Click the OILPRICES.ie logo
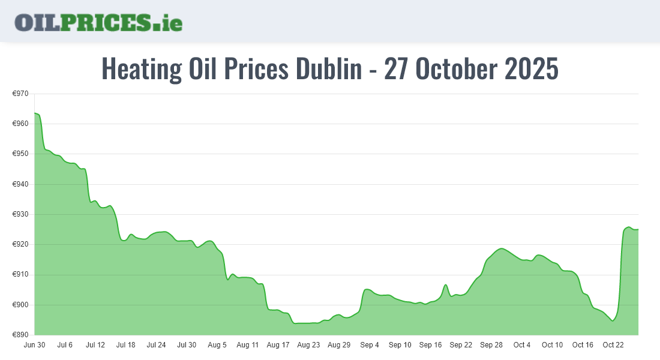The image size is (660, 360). [x=98, y=22]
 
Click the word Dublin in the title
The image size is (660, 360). [x=328, y=69]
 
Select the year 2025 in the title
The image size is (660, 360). [x=532, y=69]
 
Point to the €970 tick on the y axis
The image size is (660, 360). [x=21, y=94]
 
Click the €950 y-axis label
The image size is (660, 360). [x=21, y=154]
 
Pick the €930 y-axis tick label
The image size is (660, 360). [x=21, y=214]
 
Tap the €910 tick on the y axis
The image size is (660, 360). [x=21, y=275]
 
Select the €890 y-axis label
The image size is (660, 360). [x=21, y=335]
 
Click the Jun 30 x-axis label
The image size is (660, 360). [x=34, y=345]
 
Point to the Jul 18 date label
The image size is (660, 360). [x=126, y=345]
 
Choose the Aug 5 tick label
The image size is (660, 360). [x=217, y=345]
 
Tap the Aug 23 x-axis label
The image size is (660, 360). [x=308, y=345]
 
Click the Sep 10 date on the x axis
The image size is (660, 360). [x=400, y=345]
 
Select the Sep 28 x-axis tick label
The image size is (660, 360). [x=491, y=345]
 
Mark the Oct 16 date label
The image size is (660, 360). [x=583, y=345]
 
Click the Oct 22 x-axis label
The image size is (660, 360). [x=613, y=345]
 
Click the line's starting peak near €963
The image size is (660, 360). [x=35, y=113]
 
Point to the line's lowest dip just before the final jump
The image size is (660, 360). [x=613, y=320]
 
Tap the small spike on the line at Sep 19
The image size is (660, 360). [x=446, y=284]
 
